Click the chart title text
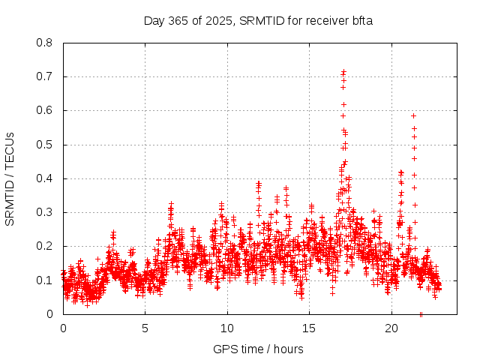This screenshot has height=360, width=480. point(258,21)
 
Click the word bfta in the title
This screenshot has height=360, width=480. point(359,21)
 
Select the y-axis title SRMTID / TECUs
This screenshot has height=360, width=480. point(10,178)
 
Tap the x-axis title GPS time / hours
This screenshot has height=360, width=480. point(258,349)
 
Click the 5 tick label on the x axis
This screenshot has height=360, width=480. point(145,328)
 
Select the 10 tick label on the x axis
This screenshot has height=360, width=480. point(227,328)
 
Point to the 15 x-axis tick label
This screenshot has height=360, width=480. point(310,328)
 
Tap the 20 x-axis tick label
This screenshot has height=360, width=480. point(391,328)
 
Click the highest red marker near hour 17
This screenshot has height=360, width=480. point(343,72)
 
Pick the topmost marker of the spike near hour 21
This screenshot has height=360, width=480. point(413,115)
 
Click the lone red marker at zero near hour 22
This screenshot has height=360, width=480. point(421,314)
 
